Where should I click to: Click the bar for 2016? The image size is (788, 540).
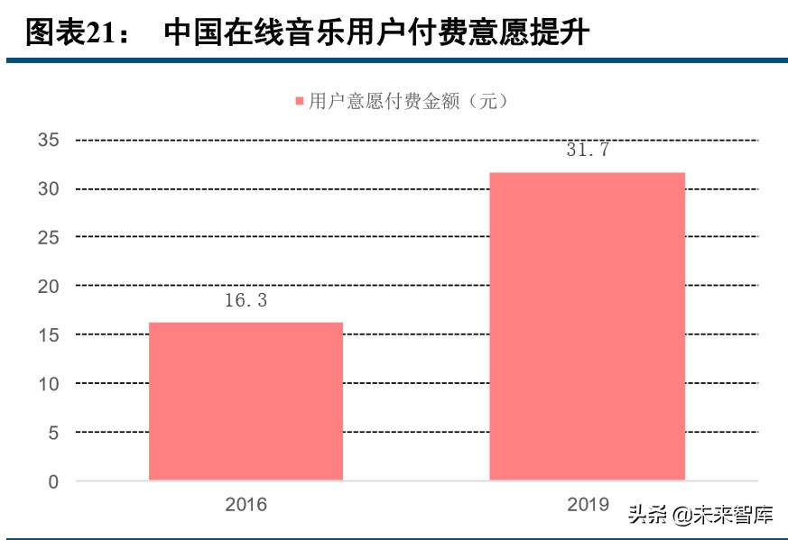[x=246, y=400]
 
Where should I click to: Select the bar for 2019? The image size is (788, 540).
[x=587, y=325]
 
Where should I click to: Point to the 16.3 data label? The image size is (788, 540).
[x=246, y=301]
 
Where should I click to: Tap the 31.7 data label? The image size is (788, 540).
[x=588, y=151]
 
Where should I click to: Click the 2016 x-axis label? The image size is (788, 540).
[x=246, y=505]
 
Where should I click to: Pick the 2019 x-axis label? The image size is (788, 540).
[x=588, y=505]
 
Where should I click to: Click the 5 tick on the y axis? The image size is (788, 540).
[x=53, y=433]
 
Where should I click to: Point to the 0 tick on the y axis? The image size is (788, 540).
[x=53, y=482]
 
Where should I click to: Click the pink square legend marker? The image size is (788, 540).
[x=300, y=101]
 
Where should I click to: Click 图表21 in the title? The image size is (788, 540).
[x=69, y=33]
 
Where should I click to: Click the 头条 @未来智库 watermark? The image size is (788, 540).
[x=700, y=516]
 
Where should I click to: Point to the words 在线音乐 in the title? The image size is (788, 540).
[x=271, y=33]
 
